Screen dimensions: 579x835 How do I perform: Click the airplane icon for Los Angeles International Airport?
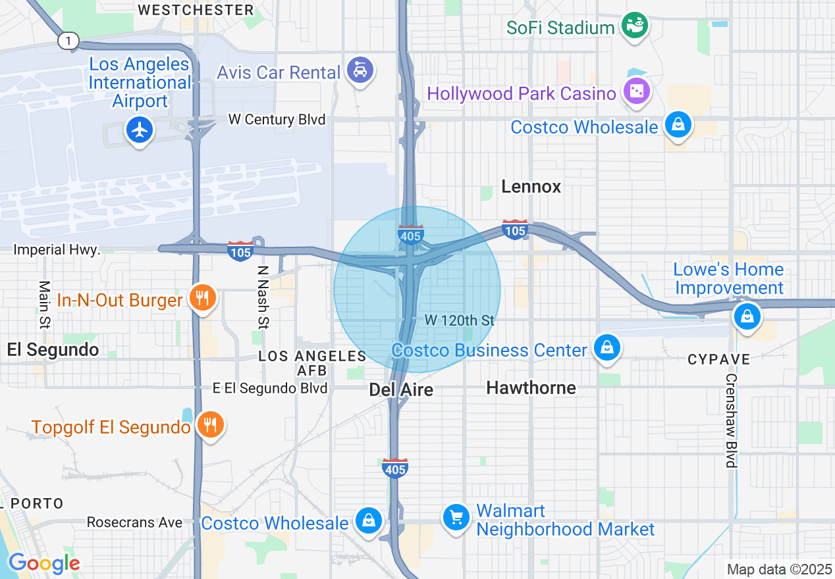click(139, 130)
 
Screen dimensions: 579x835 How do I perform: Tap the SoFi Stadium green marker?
click(635, 26)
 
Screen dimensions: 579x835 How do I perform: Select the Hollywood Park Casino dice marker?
click(637, 91)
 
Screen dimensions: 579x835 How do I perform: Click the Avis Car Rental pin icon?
click(360, 70)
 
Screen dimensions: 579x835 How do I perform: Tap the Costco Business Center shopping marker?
click(606, 347)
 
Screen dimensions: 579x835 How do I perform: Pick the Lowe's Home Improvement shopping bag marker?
click(747, 316)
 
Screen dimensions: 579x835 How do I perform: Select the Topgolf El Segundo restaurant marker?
click(210, 424)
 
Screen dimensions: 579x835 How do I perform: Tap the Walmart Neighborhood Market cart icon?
click(456, 516)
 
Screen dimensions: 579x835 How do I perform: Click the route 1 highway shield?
click(68, 41)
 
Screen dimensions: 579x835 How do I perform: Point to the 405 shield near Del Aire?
click(394, 468)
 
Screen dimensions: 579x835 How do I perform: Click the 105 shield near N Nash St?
click(240, 251)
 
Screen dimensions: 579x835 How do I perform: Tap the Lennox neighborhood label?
click(531, 187)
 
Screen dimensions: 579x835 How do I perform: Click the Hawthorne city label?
click(531, 388)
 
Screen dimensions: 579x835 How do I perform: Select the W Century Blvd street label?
click(277, 120)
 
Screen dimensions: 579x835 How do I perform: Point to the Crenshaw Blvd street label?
click(730, 421)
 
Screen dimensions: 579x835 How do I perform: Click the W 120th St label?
click(459, 320)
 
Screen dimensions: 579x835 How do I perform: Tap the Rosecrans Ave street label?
click(134, 522)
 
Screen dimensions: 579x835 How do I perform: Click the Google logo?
click(44, 563)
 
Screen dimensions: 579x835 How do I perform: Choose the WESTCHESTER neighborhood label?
click(196, 10)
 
